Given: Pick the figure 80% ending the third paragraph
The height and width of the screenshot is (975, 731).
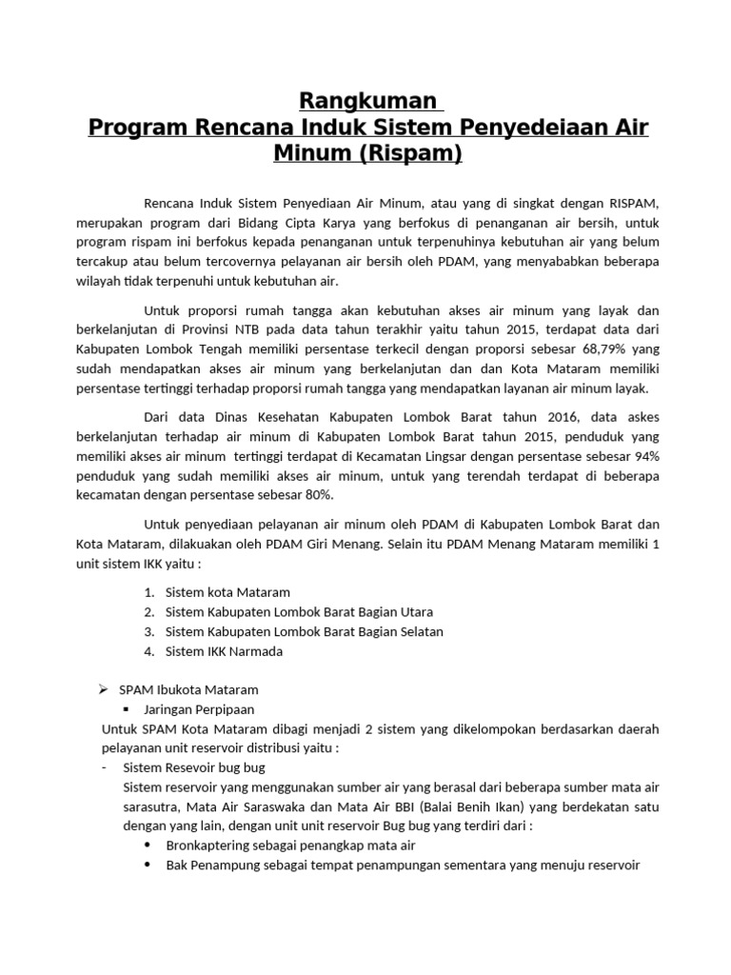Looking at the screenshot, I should [316, 495].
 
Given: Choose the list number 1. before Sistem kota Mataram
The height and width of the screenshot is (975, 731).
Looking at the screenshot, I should [148, 592].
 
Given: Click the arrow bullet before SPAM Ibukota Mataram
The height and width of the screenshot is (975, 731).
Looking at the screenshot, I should [107, 689].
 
